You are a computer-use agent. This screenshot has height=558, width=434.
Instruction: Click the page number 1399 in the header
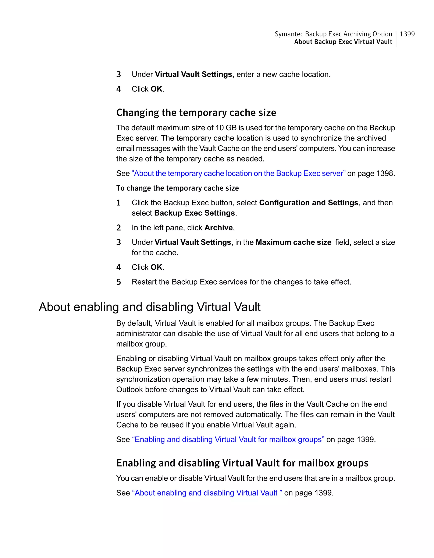pyautogui.click(x=407, y=34)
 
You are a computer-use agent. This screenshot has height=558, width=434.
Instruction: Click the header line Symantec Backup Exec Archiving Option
pyautogui.click(x=333, y=34)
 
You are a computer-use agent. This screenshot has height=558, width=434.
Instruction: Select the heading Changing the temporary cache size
pyautogui.click(x=196, y=113)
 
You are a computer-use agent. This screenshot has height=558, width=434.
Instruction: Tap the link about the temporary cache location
pyautogui.click(x=238, y=174)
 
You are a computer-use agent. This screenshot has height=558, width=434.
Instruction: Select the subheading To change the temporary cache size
pyautogui.click(x=177, y=188)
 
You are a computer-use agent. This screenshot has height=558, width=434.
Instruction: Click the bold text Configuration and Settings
pyautogui.click(x=309, y=203)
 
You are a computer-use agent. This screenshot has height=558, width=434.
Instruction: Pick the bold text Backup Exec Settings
pyautogui.click(x=194, y=213)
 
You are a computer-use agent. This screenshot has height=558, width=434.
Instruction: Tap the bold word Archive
pyautogui.click(x=218, y=228)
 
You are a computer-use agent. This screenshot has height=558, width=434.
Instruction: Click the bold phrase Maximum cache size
pyautogui.click(x=293, y=242)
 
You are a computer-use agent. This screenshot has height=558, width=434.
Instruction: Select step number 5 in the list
pyautogui.click(x=118, y=282)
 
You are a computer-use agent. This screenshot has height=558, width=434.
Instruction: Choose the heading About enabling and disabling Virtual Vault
pyautogui.click(x=149, y=307)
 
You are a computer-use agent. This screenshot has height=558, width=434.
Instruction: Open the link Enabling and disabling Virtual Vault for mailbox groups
pyautogui.click(x=228, y=440)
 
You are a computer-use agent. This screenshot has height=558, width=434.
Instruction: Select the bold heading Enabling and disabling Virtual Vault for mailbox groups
pyautogui.click(x=242, y=463)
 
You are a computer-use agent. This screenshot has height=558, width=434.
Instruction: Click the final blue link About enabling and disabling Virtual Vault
pyautogui.click(x=207, y=493)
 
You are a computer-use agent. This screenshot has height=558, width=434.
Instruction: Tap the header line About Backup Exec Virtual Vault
pyautogui.click(x=343, y=42)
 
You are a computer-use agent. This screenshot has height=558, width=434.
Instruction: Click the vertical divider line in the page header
pyautogui.click(x=396, y=39)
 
